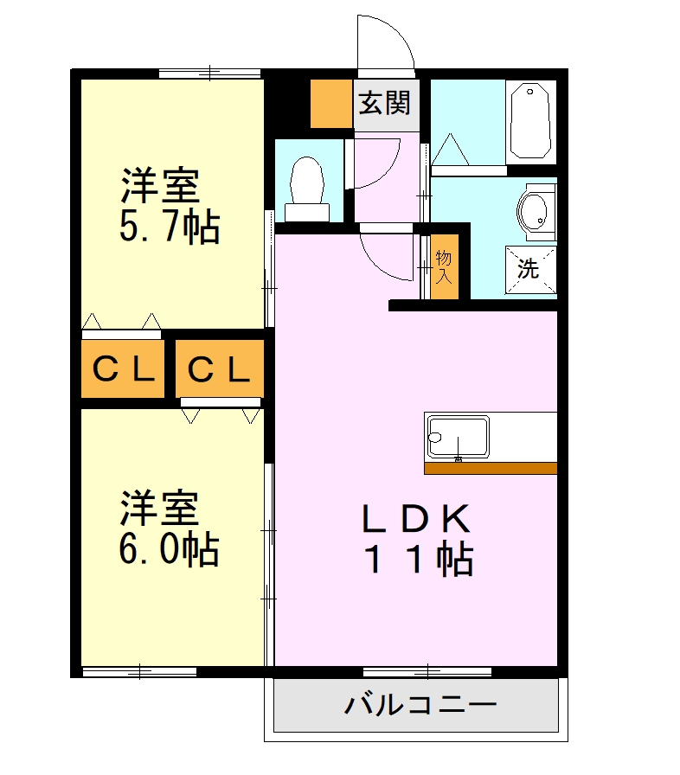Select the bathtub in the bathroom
(529, 120)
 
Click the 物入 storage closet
(444, 266)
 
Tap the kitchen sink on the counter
(457, 437)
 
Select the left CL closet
(123, 370)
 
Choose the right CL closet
(219, 370)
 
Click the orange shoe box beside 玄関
(329, 104)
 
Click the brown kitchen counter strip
(491, 468)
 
